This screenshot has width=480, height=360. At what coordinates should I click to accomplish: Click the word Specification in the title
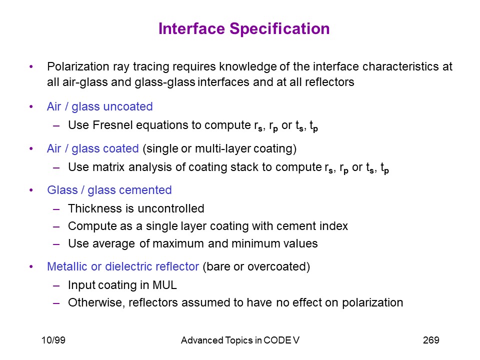(279, 29)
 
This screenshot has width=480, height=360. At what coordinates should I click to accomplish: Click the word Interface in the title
(192, 28)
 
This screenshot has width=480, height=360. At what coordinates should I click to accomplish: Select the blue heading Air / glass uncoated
(100, 106)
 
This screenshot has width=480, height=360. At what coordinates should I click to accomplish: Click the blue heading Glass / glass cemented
(109, 190)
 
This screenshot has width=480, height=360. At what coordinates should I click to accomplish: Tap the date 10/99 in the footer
(53, 340)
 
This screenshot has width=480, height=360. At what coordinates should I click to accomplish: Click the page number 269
(431, 340)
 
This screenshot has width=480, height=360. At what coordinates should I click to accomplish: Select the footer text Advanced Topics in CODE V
(240, 340)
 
